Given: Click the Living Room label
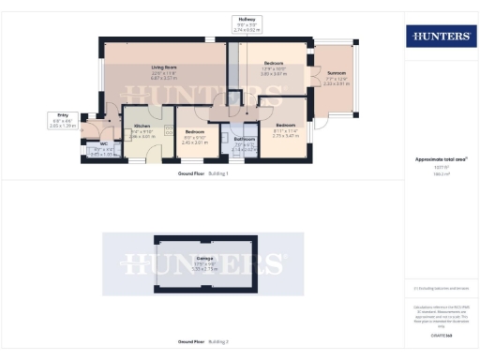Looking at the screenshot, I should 165,67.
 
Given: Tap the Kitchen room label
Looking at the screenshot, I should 142,126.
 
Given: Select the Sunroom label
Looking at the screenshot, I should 337,72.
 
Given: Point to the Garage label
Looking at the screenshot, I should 203,257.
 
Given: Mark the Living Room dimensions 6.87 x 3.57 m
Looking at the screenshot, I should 165,79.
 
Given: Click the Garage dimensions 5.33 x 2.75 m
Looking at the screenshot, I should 203,268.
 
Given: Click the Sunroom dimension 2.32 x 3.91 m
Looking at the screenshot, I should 337,83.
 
